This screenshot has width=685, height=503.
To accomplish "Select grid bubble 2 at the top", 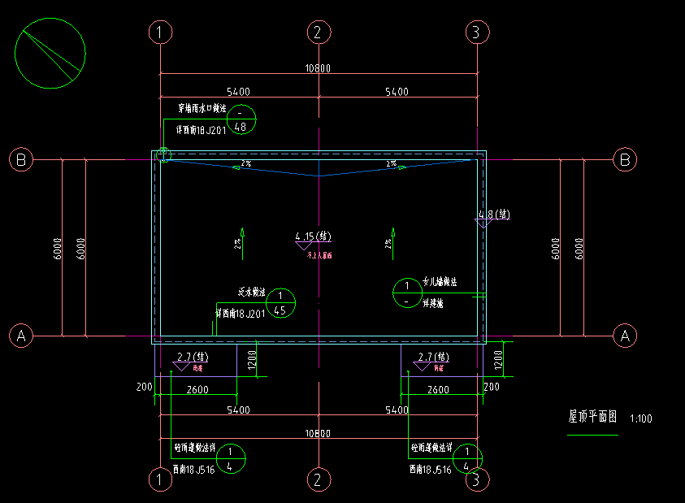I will pos(319,33).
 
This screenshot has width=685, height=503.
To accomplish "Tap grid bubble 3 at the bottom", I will pos(477,480).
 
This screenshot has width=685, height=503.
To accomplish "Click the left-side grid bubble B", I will pos(21,160).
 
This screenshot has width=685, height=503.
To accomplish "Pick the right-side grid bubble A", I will pos(625,335).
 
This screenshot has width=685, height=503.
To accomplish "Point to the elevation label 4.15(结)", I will pos(313,236).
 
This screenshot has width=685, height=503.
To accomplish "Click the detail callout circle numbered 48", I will pos(241,119).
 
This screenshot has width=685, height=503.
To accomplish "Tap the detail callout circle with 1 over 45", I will pos(280,302).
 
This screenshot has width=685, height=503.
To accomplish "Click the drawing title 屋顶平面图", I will pos(592,417).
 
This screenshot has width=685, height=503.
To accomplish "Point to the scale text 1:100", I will pos(640,419).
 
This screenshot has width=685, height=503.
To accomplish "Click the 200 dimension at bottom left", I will pos(145,388).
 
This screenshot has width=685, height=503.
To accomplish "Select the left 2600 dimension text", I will pos(197,390).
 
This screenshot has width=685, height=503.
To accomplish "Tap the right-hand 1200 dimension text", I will pos(501,357).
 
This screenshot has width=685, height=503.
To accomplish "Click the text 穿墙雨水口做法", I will pos(202,107).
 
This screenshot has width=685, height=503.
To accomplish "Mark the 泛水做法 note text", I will pos(252,291).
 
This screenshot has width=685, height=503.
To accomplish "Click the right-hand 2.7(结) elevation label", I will pos(432,357).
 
